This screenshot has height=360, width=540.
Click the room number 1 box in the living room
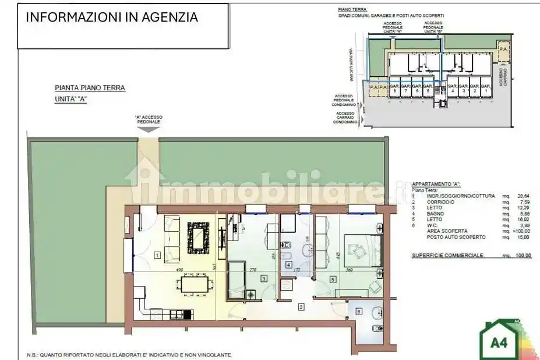point(157,255)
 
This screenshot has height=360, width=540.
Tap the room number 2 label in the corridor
point(301,307)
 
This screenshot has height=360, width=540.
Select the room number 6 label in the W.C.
point(358,312)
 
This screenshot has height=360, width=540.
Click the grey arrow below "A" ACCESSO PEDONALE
point(149,129)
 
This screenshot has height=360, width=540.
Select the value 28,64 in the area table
point(523,197)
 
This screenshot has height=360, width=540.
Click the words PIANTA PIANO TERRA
point(90,88)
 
